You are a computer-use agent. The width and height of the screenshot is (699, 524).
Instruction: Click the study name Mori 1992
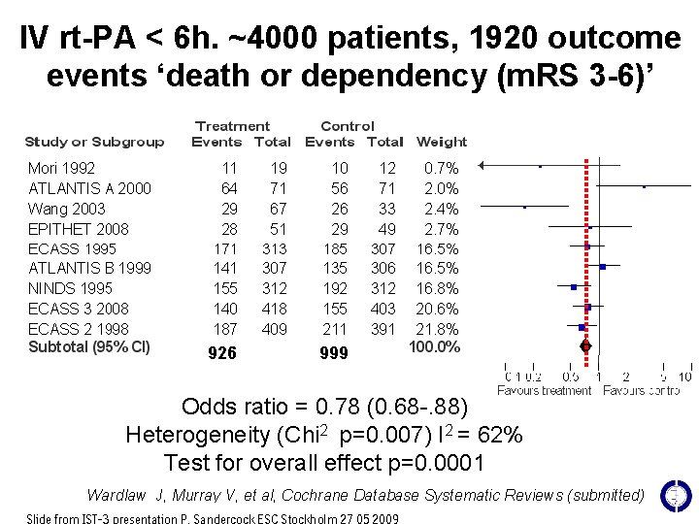click(x=62, y=168)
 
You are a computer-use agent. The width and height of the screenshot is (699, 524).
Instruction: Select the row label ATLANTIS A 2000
click(x=89, y=188)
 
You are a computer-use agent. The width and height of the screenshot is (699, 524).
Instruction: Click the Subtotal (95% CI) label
click(x=89, y=346)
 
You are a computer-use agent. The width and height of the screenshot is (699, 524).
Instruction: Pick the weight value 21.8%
click(x=441, y=329)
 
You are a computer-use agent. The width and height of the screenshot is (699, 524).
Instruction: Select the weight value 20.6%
click(x=441, y=309)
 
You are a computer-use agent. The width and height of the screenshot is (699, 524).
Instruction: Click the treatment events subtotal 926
click(x=222, y=353)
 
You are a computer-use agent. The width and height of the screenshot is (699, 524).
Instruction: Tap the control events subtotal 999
click(x=333, y=353)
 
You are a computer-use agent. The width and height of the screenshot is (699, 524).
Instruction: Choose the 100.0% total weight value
click(x=434, y=346)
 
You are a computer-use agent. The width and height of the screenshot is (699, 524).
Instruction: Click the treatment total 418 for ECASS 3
click(x=275, y=309)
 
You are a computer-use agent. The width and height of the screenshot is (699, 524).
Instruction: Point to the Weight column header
click(x=441, y=142)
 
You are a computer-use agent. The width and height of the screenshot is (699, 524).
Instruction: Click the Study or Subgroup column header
click(x=94, y=142)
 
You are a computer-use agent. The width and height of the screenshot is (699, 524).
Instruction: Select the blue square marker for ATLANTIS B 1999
click(x=603, y=267)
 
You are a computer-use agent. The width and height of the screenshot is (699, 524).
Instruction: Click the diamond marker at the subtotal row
click(x=585, y=346)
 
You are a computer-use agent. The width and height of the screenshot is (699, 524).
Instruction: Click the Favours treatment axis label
click(x=544, y=391)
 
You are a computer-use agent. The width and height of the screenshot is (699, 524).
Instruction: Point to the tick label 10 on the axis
click(x=684, y=377)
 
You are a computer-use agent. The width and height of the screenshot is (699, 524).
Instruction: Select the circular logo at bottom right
click(x=674, y=495)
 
